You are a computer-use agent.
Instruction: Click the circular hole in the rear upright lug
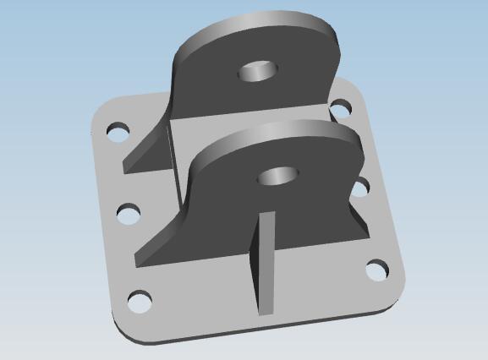pos(259,71)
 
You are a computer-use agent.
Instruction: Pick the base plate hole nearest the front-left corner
pos(139,300)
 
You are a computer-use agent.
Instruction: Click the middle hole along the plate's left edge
pos(129,213)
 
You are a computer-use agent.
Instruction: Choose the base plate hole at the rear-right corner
pos(340,108)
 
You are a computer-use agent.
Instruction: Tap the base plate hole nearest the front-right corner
pos(377,270)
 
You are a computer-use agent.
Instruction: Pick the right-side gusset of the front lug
pos(359,220)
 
